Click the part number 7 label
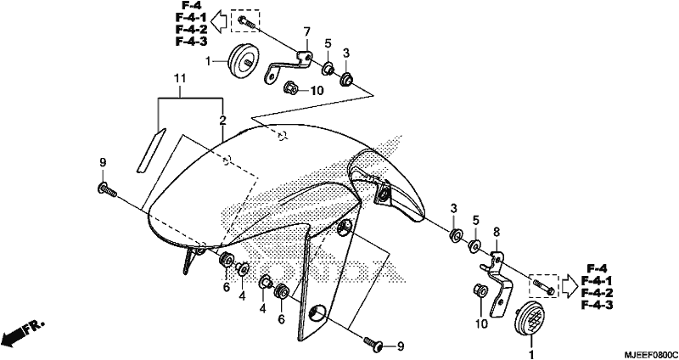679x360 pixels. [306, 31]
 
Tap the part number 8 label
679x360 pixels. [497, 233]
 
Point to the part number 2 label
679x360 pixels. [222, 121]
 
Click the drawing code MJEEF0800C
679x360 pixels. [650, 354]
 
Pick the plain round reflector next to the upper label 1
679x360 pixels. [244, 61]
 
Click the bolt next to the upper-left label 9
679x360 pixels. [108, 189]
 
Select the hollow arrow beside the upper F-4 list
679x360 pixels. [221, 23]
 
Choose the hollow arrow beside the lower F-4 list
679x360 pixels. [570, 285]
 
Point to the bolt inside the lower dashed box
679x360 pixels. [543, 287]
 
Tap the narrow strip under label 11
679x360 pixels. [151, 150]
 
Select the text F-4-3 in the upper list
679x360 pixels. [191, 41]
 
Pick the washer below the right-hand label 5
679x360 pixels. [474, 246]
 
